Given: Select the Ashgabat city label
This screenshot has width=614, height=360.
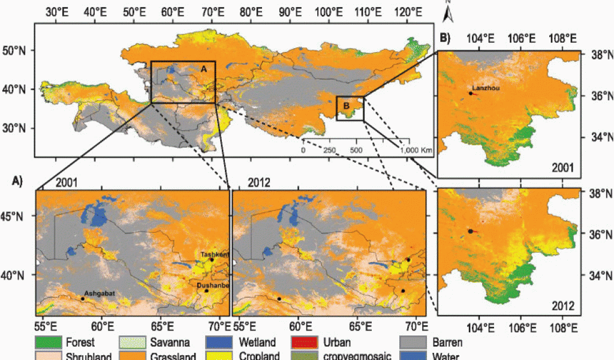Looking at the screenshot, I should point(98,293).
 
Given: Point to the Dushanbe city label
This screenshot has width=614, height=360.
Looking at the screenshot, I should point(213,286).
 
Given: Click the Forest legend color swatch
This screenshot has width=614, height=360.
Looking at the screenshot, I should point(47,343).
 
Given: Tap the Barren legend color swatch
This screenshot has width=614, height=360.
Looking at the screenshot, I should point(414,343).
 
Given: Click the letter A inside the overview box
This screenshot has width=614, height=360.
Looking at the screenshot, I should point(203,69).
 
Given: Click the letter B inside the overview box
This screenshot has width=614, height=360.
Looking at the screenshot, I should point(346,106).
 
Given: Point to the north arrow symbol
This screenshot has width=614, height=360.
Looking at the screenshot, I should point(447,6).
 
